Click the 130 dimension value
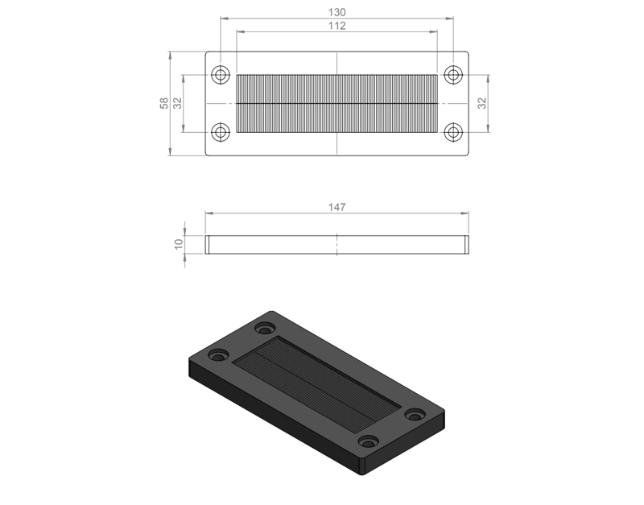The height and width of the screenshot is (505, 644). [336, 12]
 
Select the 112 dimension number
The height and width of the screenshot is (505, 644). [336, 26]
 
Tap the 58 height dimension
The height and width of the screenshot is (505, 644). [164, 103]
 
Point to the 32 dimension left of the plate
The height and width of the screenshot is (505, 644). [177, 103]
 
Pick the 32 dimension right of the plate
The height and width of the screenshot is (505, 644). [482, 103]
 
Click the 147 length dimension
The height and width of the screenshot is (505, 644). [336, 207]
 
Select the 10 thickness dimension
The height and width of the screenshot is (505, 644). [179, 244]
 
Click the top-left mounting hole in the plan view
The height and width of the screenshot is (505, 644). [221, 75]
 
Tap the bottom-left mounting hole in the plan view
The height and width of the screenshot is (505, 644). [221, 132]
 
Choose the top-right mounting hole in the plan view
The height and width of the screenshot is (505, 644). [453, 75]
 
